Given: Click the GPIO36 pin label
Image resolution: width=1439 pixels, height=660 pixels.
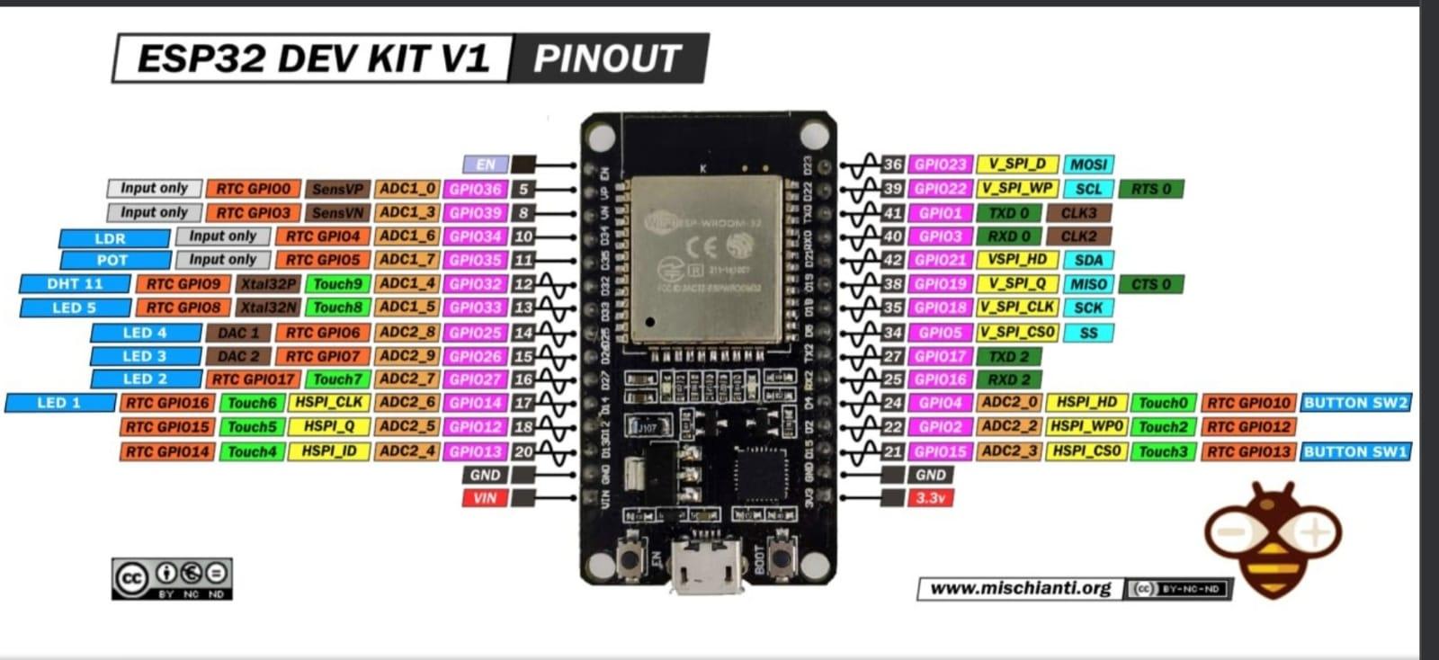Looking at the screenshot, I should (x=475, y=190).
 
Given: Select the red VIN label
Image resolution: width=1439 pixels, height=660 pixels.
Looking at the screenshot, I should (x=484, y=498).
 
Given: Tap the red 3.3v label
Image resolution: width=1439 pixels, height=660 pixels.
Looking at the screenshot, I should (x=930, y=498).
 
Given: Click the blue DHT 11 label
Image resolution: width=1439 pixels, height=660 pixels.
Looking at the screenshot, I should (x=75, y=284).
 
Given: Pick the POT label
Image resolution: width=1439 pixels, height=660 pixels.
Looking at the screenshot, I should (x=113, y=261).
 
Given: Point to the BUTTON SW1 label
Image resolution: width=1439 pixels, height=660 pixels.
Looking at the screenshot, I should (x=1354, y=451).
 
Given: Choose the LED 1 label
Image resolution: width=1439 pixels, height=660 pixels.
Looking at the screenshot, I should (x=59, y=403).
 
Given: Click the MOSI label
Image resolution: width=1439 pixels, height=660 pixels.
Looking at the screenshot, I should (x=1088, y=165).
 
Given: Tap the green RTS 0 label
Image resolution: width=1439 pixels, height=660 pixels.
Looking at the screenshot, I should (x=1150, y=189).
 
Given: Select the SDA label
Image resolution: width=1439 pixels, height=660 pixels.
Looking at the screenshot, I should (x=1088, y=260).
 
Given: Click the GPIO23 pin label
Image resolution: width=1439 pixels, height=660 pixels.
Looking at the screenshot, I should (x=940, y=165).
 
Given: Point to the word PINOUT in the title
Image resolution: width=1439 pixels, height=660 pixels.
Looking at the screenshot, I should (x=607, y=58).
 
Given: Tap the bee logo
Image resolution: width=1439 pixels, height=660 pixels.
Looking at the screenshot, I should (x=1274, y=540).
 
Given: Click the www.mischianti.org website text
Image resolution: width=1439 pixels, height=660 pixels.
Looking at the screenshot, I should (x=1020, y=588).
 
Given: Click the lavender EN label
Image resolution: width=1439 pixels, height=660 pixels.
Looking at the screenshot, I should (x=485, y=165).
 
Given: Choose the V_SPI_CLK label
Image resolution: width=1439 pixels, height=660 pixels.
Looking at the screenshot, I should (x=1017, y=308).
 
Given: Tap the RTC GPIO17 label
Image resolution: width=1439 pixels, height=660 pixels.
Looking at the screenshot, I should (x=253, y=379).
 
